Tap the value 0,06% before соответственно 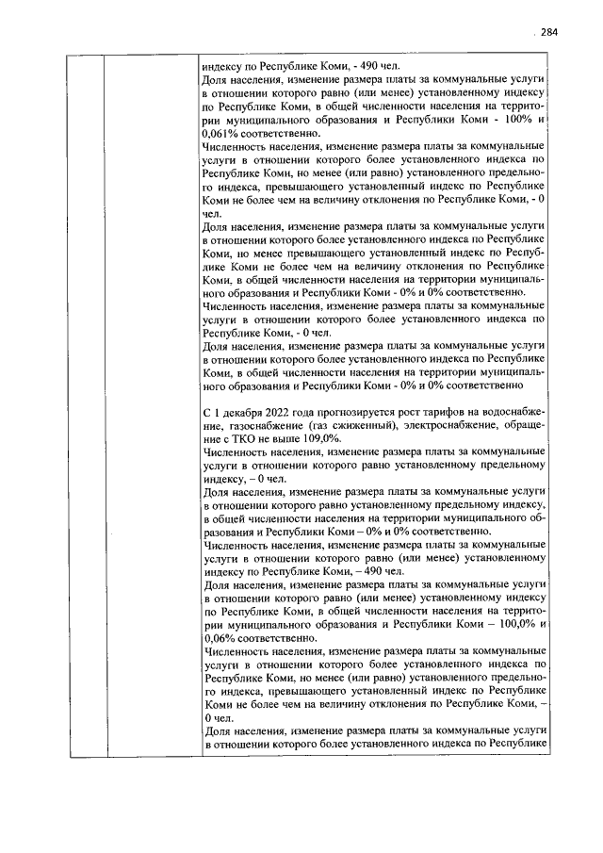point(220,635)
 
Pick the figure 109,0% point(316,439)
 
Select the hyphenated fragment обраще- point(527,427)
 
